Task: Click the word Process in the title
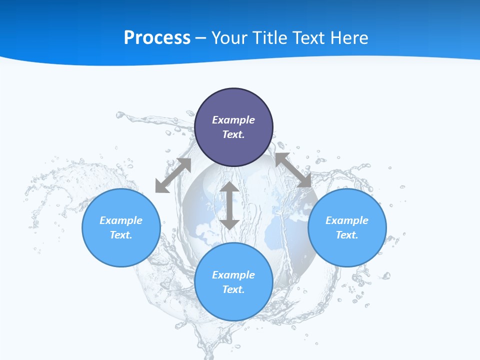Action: [157, 38]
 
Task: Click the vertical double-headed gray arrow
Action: [229, 205]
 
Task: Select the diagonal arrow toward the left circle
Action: [173, 175]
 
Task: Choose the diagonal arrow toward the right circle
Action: [293, 170]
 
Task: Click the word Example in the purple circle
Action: [233, 120]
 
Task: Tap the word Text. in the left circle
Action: [121, 235]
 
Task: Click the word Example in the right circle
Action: [347, 220]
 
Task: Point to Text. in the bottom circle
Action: [233, 289]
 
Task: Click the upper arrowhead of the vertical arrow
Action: [229, 187]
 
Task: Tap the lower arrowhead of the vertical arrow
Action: [229, 223]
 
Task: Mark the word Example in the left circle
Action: [121, 220]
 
